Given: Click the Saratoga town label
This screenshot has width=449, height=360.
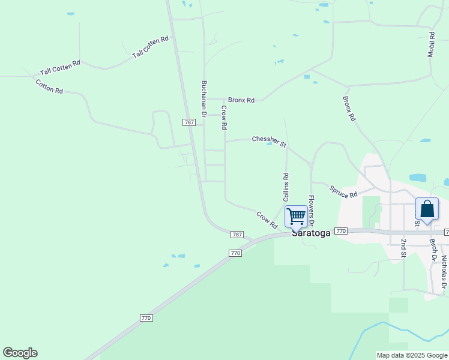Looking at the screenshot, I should pyautogui.click(x=311, y=233).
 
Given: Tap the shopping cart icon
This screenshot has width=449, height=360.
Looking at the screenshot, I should pyautogui.click(x=296, y=216).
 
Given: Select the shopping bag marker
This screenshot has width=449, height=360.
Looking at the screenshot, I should pyautogui.click(x=427, y=209).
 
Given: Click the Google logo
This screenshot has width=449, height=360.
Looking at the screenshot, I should pyautogui.click(x=20, y=353).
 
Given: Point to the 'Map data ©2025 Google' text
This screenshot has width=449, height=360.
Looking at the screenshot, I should pyautogui.click(x=411, y=355).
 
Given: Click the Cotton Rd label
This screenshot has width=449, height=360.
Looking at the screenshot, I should pyautogui.click(x=49, y=86).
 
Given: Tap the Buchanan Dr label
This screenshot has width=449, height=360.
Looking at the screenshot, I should pyautogui.click(x=204, y=99).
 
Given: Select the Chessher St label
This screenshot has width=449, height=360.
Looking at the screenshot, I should pyautogui.click(x=270, y=141).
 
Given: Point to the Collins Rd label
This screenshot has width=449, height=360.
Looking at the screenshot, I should pyautogui.click(x=286, y=187).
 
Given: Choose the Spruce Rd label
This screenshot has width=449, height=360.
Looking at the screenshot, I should pyautogui.click(x=343, y=191).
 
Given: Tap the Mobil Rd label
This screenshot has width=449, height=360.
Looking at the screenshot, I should pyautogui.click(x=431, y=44).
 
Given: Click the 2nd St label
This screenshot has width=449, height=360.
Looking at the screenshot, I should pyautogui.click(x=404, y=248).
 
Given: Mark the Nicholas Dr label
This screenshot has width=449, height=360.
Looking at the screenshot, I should pyautogui.click(x=444, y=270).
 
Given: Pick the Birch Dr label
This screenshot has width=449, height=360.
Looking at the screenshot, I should pyautogui.click(x=432, y=251).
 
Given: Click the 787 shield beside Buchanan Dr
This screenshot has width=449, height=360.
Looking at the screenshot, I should pyautogui.click(x=189, y=122).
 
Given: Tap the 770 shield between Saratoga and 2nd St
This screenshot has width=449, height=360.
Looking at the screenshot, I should pyautogui.click(x=341, y=231).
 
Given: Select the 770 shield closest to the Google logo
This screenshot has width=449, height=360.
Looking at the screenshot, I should pyautogui.click(x=146, y=318).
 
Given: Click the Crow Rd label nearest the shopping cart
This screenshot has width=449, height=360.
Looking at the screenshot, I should pyautogui.click(x=267, y=220).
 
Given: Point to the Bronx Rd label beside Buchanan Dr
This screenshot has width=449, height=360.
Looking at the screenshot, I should pyautogui.click(x=241, y=100).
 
